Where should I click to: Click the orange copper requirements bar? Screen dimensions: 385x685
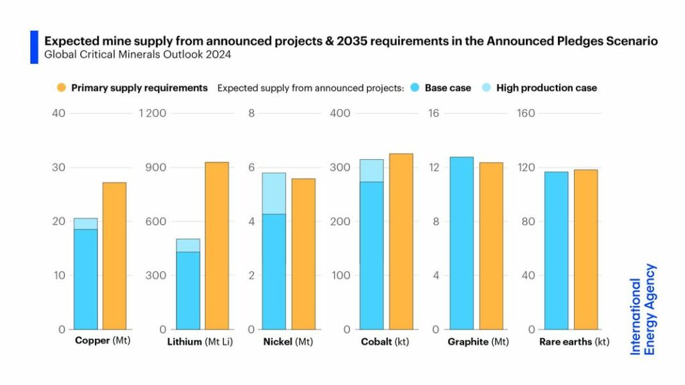[114, 255]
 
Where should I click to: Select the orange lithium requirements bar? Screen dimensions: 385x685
[217, 245]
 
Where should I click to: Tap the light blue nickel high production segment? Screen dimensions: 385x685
[274, 193]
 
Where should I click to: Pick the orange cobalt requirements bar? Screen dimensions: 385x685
[401, 241]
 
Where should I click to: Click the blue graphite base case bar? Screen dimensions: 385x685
[462, 243]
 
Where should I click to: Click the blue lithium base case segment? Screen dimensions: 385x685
[188, 290]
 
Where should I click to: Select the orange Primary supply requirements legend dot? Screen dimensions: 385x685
[62, 88]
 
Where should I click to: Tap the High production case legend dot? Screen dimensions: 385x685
[486, 88]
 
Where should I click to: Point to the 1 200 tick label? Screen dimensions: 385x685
[153, 113]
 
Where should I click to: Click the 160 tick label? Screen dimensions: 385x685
[526, 113]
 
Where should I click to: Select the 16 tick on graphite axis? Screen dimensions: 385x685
[433, 113]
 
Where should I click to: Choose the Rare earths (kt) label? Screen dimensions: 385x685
[574, 342]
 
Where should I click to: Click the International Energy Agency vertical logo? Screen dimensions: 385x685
[643, 309]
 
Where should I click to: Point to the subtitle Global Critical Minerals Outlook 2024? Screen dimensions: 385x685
[138, 55]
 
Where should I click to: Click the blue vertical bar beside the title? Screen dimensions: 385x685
[34, 47]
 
